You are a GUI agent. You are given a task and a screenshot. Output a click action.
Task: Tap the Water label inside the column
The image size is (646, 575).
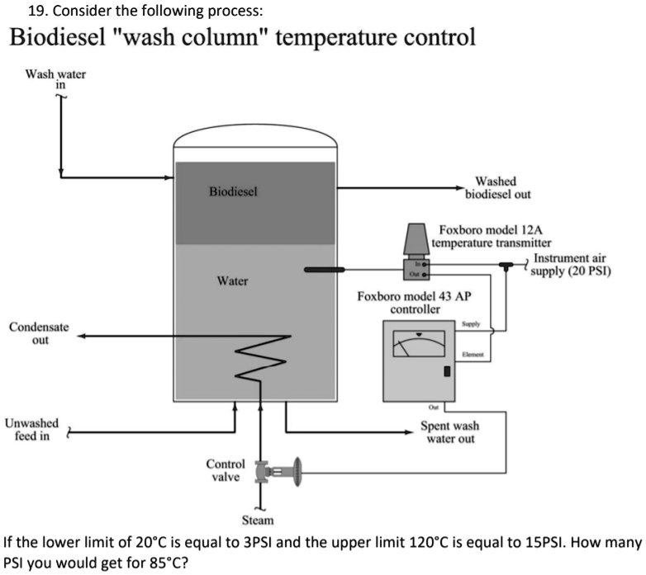coord(232,281)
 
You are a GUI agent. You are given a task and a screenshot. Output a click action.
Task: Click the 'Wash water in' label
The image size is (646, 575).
coord(55,78)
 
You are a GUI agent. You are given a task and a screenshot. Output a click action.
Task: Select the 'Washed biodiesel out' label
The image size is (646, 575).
coord(497,188)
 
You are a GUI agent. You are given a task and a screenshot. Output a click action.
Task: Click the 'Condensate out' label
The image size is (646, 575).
coord(39,333)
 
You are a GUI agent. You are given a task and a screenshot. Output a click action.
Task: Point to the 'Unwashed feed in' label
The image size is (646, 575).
coord(31,429)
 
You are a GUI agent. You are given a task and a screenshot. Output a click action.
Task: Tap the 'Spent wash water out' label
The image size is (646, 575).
coord(449,432)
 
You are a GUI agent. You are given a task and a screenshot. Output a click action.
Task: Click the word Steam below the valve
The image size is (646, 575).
coord(258,521)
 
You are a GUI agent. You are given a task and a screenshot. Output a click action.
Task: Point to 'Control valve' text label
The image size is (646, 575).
coord(224,470)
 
